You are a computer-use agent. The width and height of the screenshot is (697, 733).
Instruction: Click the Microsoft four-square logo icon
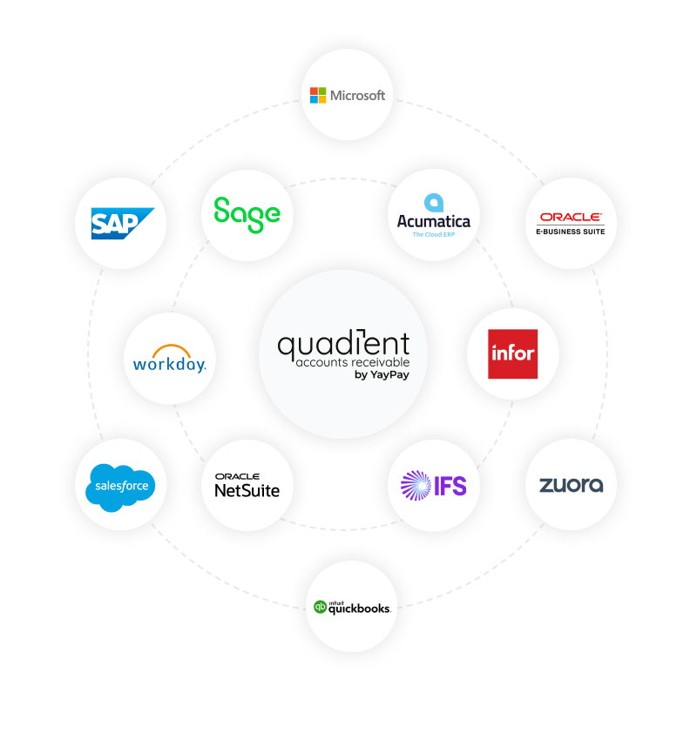(x=318, y=95)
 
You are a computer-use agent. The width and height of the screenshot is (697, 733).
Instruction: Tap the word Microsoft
(x=357, y=96)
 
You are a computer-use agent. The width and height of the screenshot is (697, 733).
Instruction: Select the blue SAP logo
(x=122, y=224)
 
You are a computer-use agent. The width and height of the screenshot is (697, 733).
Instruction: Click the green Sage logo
(x=247, y=212)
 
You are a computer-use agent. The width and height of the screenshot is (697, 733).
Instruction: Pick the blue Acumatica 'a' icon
(x=434, y=204)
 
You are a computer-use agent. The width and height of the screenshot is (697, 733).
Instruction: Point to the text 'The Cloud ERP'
(x=434, y=235)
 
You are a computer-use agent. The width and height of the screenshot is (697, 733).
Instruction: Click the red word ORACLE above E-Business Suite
(x=571, y=217)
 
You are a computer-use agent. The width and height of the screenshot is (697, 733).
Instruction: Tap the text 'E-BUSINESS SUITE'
(x=571, y=231)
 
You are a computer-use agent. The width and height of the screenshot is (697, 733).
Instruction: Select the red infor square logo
(x=512, y=353)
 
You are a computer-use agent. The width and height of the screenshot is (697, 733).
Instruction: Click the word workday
(x=170, y=364)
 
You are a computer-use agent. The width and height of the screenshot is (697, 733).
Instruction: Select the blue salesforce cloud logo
(x=120, y=485)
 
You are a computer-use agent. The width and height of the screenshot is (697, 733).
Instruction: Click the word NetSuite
(x=247, y=490)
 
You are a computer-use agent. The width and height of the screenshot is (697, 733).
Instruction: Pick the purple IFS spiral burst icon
(x=416, y=485)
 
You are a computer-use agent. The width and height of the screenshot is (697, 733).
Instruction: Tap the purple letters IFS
(x=450, y=486)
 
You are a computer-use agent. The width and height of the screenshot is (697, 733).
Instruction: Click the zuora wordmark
(x=571, y=485)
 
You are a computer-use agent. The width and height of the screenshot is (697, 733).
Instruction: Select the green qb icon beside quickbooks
(x=320, y=607)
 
